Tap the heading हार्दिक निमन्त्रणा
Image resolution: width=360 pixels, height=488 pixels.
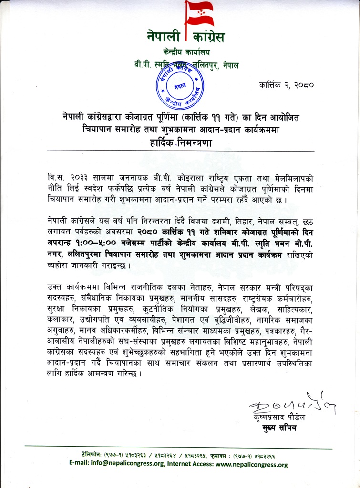point(180,142)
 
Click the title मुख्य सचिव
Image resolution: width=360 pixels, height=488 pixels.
point(282,428)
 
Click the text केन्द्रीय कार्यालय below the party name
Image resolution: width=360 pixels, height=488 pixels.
point(186,52)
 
